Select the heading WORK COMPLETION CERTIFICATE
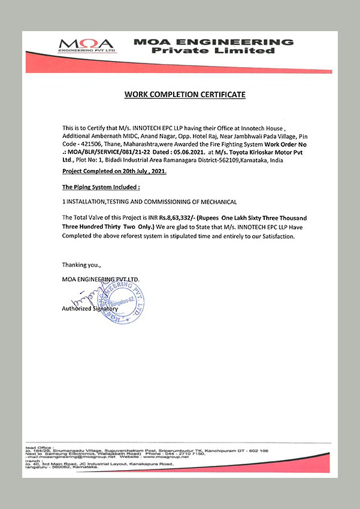pos(184,95)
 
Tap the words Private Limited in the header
pos(213,51)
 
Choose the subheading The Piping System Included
pos(96,187)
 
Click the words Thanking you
pos(82,264)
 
